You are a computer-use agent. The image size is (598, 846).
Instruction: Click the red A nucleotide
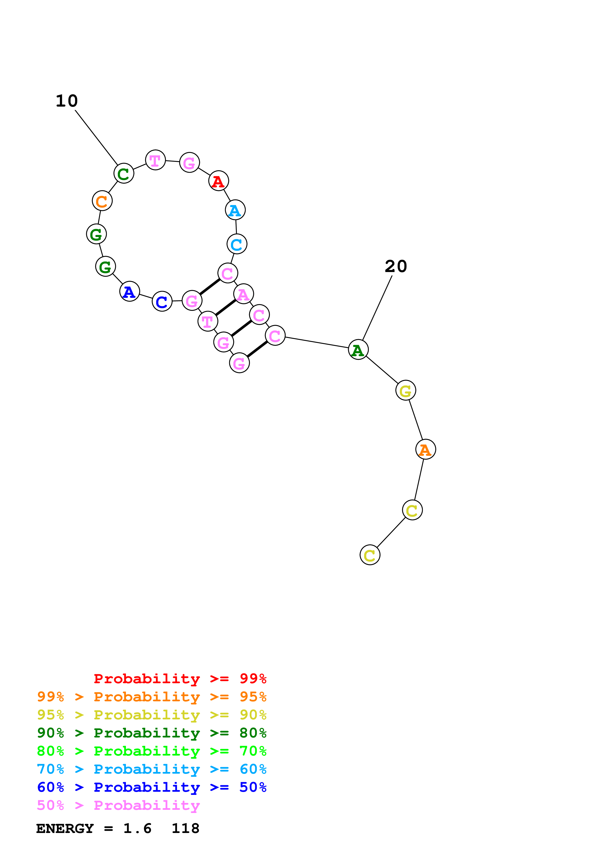coord(219,181)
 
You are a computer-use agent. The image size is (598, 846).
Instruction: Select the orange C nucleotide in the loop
coord(102,201)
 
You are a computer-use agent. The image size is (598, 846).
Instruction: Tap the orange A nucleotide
coord(426,450)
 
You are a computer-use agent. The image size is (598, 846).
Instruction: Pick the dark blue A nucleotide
coord(129,292)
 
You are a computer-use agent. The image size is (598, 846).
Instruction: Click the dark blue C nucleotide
coord(162,301)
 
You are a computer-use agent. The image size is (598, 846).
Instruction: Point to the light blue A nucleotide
coord(235,210)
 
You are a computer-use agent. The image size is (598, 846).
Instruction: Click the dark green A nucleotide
coord(358,350)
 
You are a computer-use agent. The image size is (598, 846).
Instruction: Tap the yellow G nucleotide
coord(406,391)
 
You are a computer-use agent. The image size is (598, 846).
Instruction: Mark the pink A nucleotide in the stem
coord(243,294)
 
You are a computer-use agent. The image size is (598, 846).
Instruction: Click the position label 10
coord(67,101)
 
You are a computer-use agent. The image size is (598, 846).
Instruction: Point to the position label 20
coord(396,266)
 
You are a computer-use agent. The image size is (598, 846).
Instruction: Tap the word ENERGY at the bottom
coord(65,829)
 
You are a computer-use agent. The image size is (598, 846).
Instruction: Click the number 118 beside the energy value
coord(185,829)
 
